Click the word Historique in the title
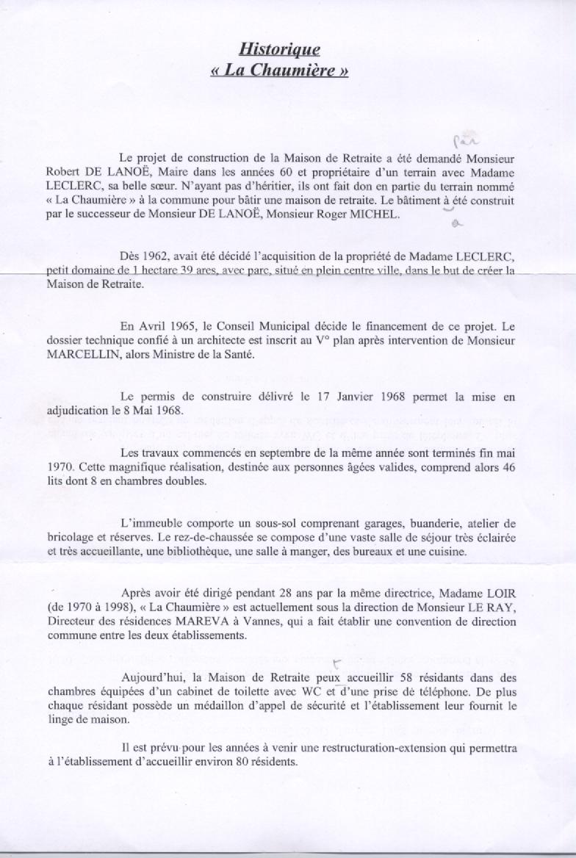pos(280,49)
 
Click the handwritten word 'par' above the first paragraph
pos(462,140)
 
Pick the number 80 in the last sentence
pos(243,762)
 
